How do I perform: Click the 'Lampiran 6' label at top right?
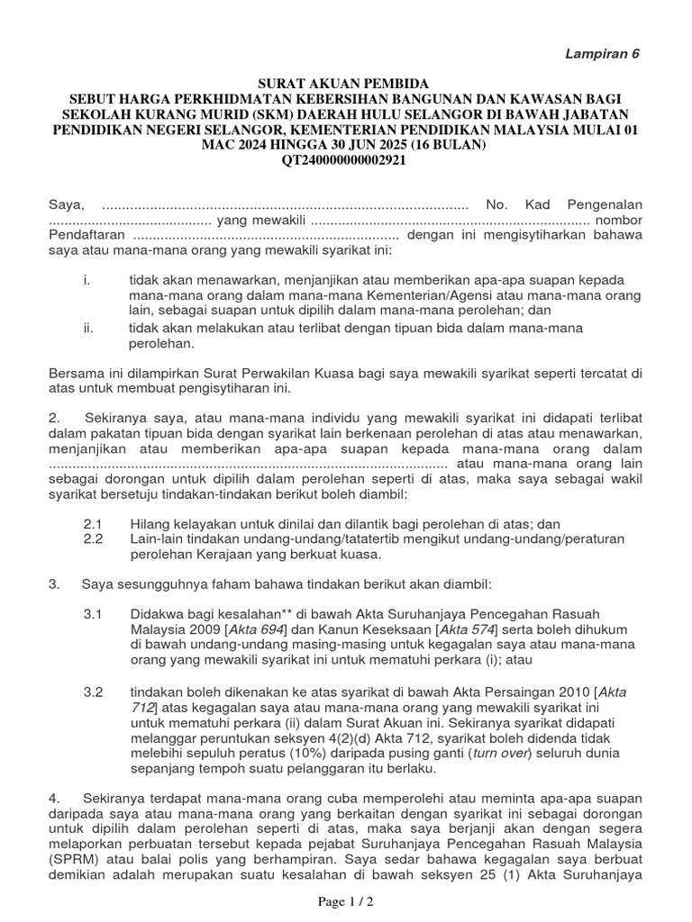point(601,53)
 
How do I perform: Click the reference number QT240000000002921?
point(346,160)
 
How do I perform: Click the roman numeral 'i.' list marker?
point(86,279)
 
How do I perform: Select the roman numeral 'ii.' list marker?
point(88,328)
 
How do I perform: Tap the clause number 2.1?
point(94,523)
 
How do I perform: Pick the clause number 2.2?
point(94,538)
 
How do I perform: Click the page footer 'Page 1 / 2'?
point(346,901)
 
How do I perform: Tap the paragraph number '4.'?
point(55,798)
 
